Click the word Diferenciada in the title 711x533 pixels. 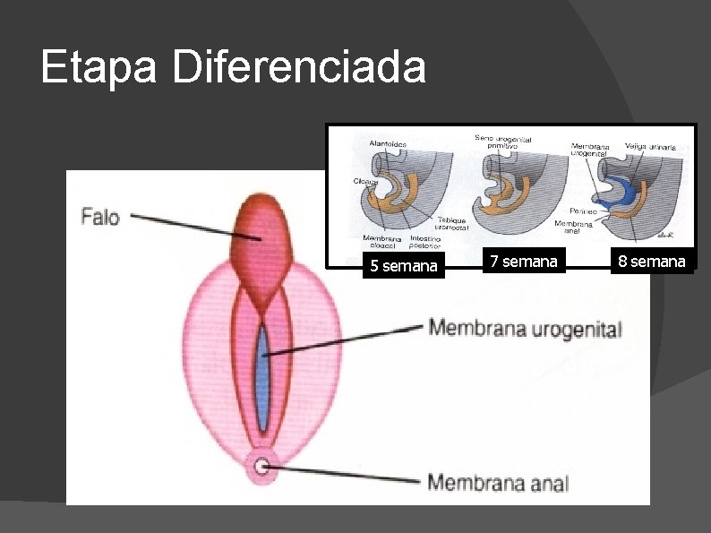click(299, 68)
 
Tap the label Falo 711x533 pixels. click(100, 216)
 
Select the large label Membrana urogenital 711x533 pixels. click(525, 328)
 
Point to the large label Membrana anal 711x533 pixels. click(497, 483)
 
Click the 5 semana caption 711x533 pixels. click(404, 266)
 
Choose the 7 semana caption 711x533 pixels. click(523, 262)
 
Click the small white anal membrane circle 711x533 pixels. click(261, 466)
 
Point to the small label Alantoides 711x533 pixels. click(388, 143)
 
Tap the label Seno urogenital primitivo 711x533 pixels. click(503, 142)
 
